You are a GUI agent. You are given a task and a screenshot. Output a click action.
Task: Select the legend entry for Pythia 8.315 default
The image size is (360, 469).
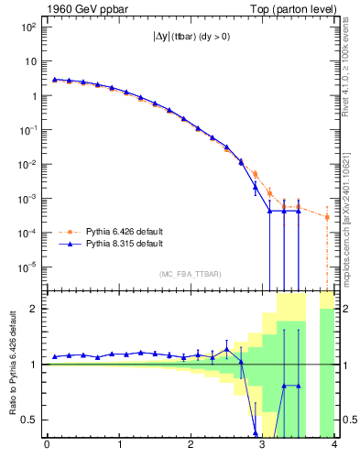125,245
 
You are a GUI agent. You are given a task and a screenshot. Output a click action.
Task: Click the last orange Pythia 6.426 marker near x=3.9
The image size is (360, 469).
327,217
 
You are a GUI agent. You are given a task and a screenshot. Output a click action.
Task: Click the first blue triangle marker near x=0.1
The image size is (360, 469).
54,79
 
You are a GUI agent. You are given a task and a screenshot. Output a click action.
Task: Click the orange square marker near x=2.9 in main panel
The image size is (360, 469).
256,173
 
